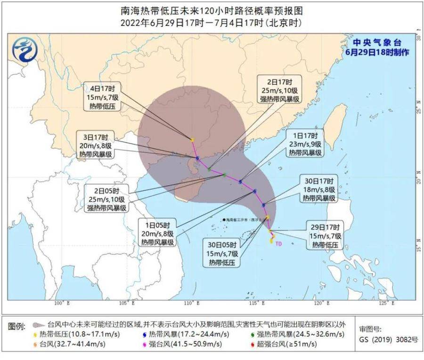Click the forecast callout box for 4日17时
pyautogui.click(x=102, y=97)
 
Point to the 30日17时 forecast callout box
pyautogui.click(x=318, y=189)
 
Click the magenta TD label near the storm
pyautogui.click(x=278, y=244)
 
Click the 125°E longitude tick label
pyautogui.click(x=386, y=304)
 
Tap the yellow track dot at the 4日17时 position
pyautogui.click(x=192, y=139)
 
